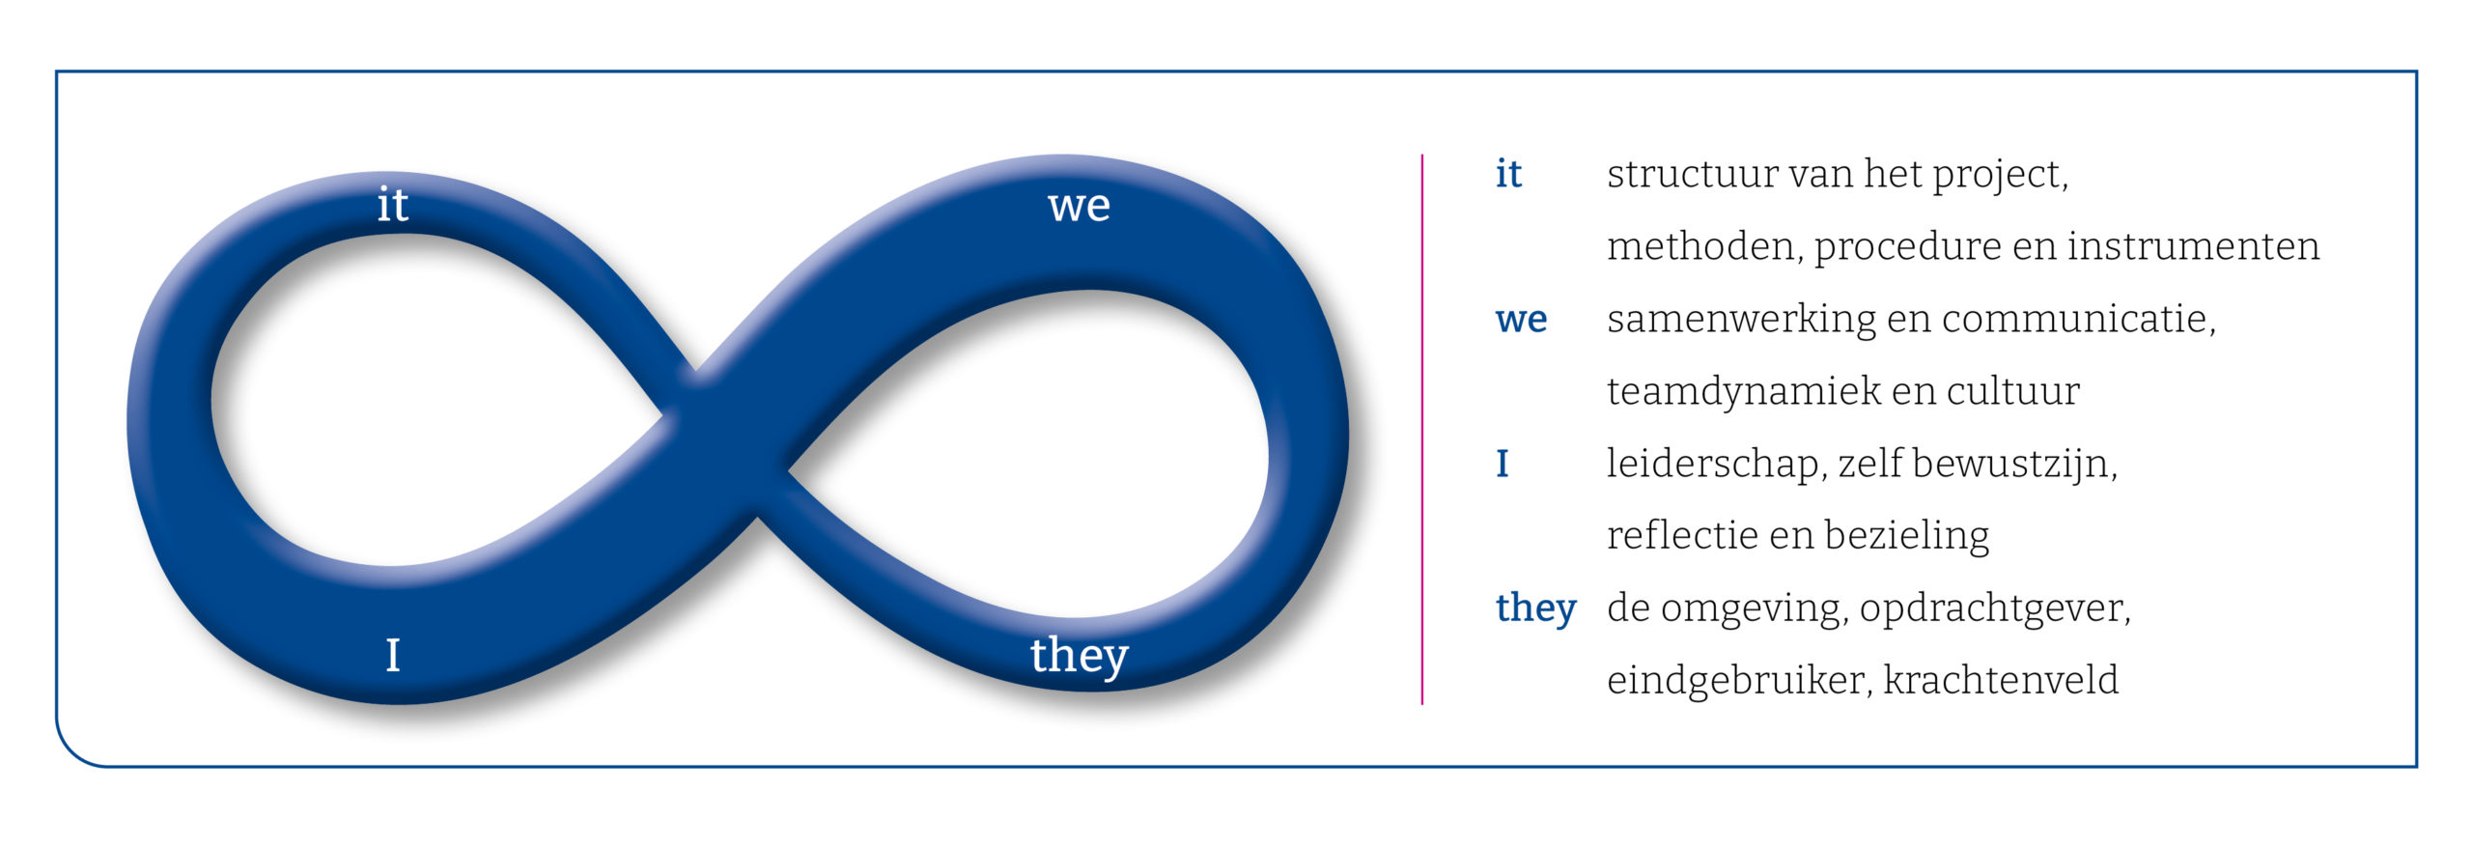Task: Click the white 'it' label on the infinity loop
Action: [392, 205]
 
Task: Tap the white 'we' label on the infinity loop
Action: [1079, 207]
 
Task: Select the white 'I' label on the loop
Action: [393, 655]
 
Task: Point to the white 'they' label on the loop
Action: [1079, 657]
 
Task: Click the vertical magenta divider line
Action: [1421, 429]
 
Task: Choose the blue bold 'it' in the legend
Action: [1508, 174]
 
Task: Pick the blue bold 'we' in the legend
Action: [1521, 320]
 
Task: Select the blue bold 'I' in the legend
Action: [1503, 464]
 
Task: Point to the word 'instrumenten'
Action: [2193, 246]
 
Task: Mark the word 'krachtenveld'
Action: [2000, 680]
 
